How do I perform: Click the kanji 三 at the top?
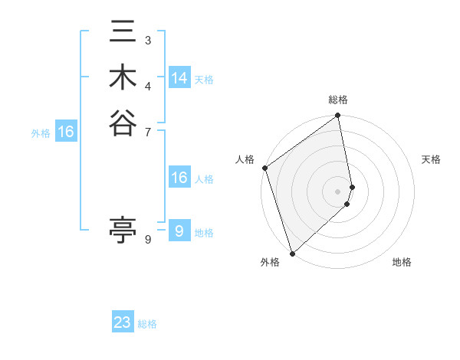tap(123, 33)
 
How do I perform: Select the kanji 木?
tap(123, 77)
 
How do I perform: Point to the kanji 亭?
tap(123, 229)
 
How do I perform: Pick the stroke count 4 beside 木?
tap(147, 84)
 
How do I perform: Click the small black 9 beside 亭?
tap(147, 239)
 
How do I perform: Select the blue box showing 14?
tap(179, 78)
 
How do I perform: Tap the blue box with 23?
tap(123, 322)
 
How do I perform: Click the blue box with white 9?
tap(179, 231)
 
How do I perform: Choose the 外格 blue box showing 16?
tap(66, 132)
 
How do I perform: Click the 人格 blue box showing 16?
tap(179, 178)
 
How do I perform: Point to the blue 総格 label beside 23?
tap(147, 324)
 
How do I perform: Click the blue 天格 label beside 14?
tap(204, 80)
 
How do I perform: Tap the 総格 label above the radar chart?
tap(338, 100)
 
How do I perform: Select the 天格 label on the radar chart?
tap(431, 159)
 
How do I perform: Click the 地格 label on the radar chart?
tap(402, 262)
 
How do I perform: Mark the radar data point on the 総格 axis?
tap(338, 116)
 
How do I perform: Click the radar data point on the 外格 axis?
tap(292, 253)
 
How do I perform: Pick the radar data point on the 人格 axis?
tap(264, 168)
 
